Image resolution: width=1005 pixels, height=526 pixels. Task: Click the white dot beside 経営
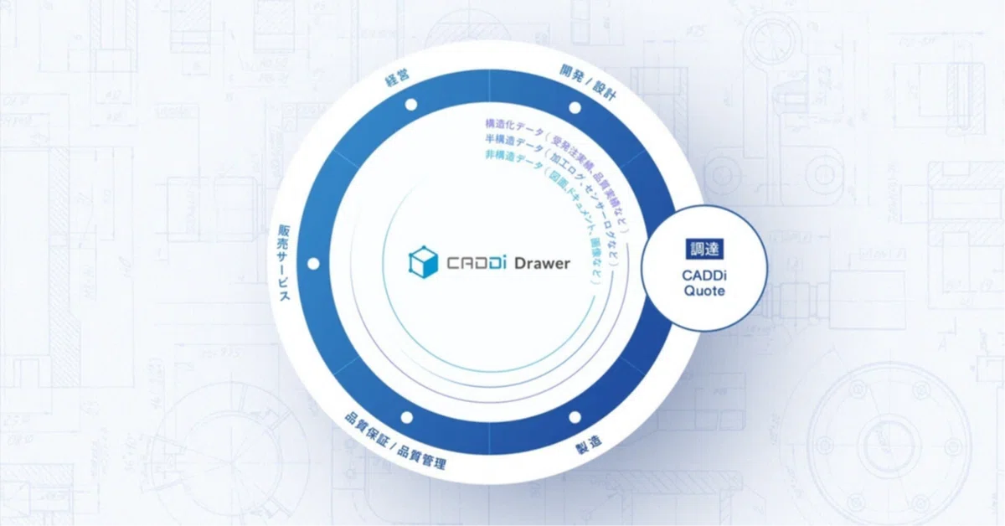[410, 106]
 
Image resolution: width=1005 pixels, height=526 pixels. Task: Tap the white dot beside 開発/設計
[575, 107]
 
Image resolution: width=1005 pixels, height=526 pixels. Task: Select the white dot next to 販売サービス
[314, 264]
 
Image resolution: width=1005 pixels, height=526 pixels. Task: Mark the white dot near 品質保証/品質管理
[408, 416]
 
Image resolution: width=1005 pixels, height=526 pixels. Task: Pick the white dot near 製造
[575, 416]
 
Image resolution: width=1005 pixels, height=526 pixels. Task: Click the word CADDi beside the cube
[469, 263]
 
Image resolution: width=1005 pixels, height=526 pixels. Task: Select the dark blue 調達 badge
[703, 249]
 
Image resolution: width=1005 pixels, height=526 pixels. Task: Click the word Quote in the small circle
[703, 291]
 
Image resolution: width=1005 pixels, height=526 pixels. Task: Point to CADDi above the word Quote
[703, 276]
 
